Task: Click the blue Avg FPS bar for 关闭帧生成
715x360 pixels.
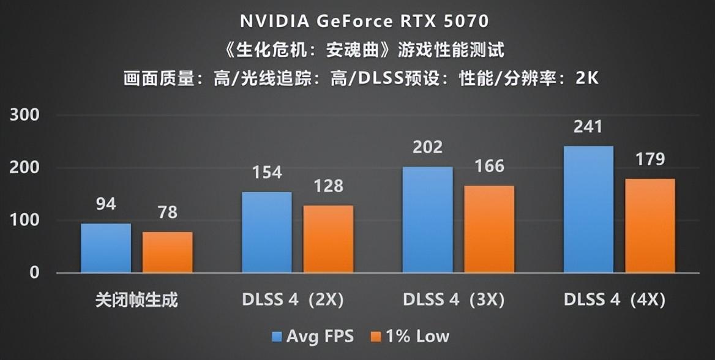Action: [106, 248]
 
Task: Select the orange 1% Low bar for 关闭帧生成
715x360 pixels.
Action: [168, 252]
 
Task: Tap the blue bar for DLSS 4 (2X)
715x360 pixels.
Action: [267, 232]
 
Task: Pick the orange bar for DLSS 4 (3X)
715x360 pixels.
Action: [489, 229]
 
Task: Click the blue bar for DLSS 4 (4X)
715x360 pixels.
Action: [588, 209]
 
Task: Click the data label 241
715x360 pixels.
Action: [588, 127]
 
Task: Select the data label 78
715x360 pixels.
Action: [168, 212]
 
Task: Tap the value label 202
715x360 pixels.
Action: [428, 147]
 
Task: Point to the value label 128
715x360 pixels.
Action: [329, 186]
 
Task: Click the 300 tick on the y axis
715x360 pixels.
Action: [26, 115]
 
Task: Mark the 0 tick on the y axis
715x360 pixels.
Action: [34, 272]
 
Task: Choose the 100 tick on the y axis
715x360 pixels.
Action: [26, 220]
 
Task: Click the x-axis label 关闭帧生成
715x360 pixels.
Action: [137, 301]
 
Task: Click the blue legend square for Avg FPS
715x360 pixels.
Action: [277, 337]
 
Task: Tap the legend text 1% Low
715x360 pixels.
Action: [416, 336]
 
